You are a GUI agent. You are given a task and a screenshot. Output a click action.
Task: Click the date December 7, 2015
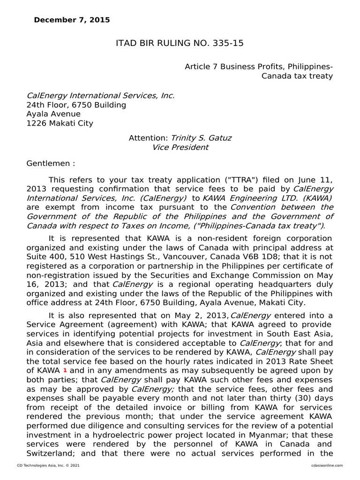(x=72, y=20)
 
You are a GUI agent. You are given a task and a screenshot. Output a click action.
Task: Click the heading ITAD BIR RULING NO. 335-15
(x=180, y=44)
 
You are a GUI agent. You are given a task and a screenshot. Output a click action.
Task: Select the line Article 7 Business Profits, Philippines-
(x=259, y=67)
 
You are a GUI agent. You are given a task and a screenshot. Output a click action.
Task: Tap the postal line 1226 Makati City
(x=60, y=124)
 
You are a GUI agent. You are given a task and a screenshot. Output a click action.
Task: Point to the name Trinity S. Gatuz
(x=201, y=138)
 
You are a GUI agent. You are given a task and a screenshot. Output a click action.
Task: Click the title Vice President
(x=180, y=148)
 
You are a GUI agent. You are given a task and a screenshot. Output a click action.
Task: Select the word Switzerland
(x=49, y=454)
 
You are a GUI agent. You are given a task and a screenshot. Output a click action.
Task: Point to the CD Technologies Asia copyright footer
(x=48, y=465)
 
